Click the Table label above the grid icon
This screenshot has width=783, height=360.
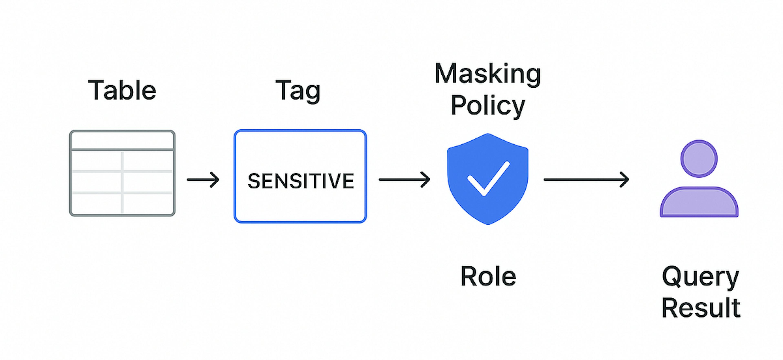pos(122,90)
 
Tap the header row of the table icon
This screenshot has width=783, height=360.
pos(122,140)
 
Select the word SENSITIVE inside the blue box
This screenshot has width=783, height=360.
pos(301,181)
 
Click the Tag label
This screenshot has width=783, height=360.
pos(298,90)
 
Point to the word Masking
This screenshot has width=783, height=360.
pos(488,74)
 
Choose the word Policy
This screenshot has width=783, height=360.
pos(488,105)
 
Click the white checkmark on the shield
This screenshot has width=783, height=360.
pos(488,179)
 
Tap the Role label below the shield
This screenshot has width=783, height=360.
pos(488,276)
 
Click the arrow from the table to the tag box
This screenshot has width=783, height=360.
pos(203,180)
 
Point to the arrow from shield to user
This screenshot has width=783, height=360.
pos(586,180)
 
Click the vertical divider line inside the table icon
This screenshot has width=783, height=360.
pos(122,182)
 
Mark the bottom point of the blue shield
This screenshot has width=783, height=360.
pos(488,224)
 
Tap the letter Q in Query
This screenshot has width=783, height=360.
pos(671,276)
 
